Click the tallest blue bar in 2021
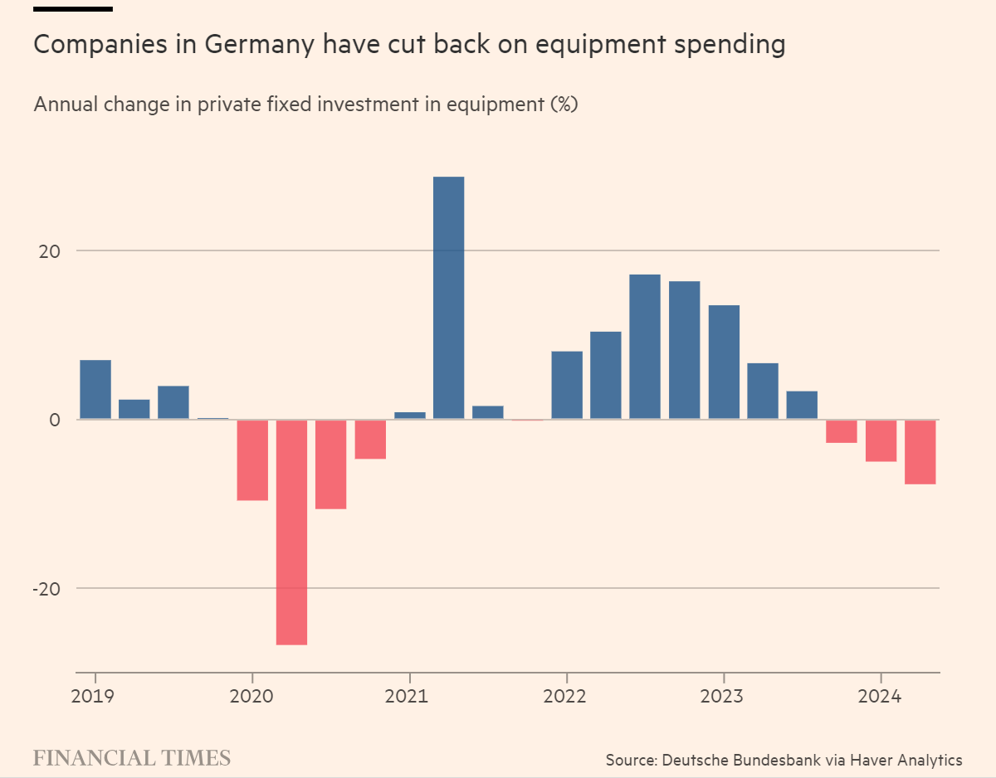point(448,298)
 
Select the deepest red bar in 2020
point(291,532)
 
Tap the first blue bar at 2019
point(95,390)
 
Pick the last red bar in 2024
point(920,451)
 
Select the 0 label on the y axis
point(54,420)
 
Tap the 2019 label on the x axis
point(95,696)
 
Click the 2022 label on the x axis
point(566,696)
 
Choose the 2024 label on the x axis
point(880,696)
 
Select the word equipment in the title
point(595,45)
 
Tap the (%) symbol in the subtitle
point(564,105)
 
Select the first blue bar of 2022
point(567,385)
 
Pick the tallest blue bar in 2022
point(645,347)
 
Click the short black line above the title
point(73,9)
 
